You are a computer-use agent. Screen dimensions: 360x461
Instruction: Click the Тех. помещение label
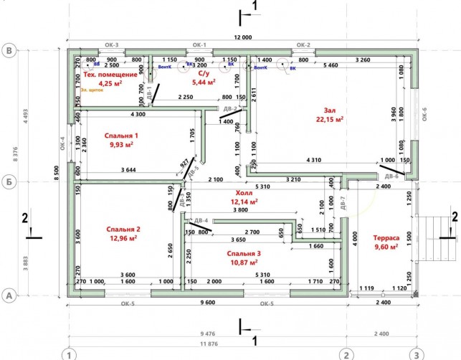tap(110, 74)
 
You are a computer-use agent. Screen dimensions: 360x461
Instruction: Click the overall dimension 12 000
tap(243, 37)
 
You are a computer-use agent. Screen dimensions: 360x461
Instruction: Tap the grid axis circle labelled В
tap(10, 52)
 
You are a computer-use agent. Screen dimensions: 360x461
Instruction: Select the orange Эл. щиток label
tap(92, 90)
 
